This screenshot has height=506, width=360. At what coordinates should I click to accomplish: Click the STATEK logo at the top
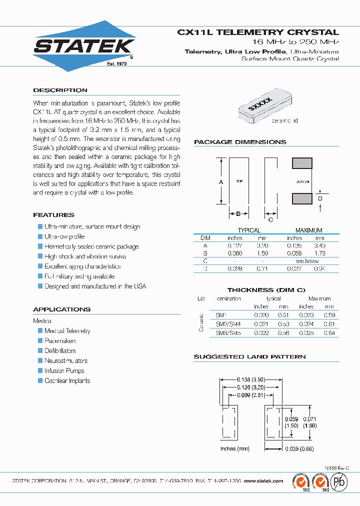click(84, 46)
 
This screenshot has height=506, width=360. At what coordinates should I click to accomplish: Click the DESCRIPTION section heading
click(60, 90)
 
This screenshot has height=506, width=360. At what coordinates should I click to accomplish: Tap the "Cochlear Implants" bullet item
click(67, 381)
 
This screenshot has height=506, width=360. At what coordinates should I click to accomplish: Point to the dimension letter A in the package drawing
click(221, 182)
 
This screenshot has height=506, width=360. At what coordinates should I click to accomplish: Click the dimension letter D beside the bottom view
click(320, 199)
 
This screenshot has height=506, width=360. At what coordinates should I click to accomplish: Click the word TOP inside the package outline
click(239, 181)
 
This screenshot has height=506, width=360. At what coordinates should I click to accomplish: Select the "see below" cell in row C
click(307, 261)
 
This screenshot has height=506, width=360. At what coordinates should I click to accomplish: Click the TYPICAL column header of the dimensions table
click(249, 230)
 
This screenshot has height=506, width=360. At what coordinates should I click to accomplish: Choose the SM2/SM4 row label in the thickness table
click(228, 324)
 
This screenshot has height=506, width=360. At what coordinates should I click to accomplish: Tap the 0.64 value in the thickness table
click(329, 333)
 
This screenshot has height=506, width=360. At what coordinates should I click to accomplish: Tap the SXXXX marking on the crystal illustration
click(260, 105)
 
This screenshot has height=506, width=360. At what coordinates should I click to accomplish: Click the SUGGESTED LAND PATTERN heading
click(249, 357)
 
